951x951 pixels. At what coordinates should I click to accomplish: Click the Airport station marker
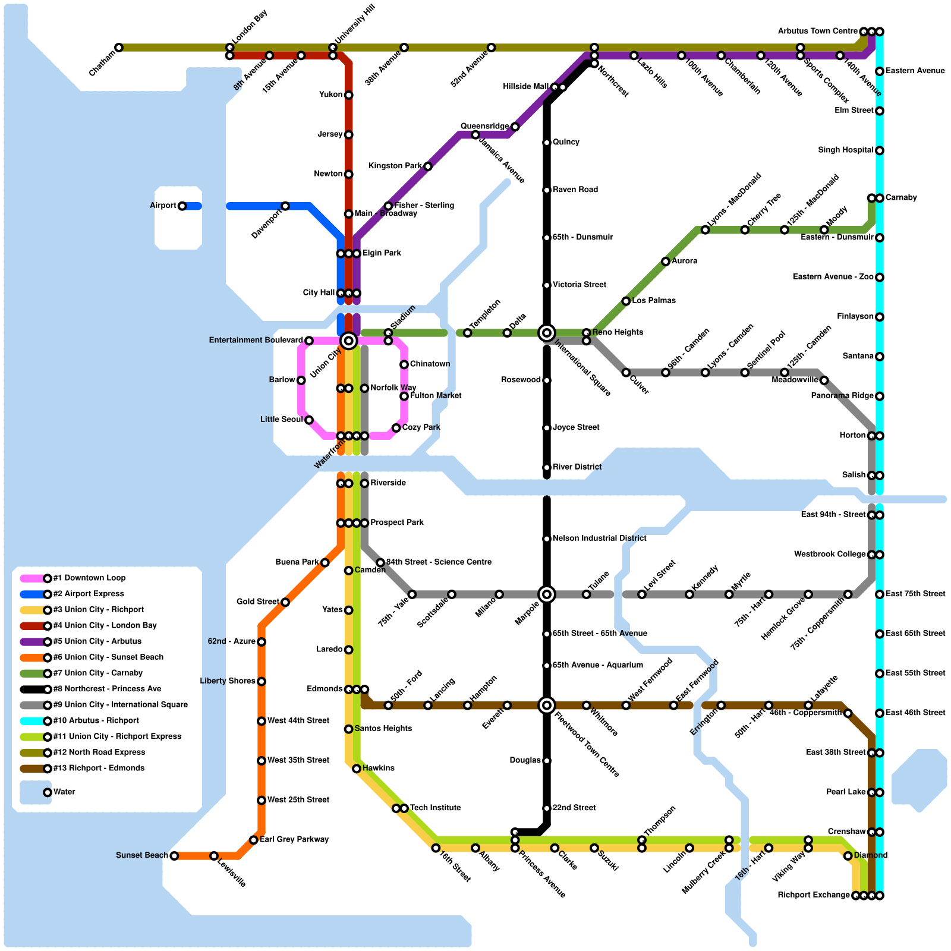(x=182, y=206)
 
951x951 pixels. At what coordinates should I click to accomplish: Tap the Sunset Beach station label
(x=142, y=855)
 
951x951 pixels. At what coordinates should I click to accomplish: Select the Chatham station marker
(x=119, y=48)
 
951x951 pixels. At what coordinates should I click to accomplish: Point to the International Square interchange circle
(x=547, y=333)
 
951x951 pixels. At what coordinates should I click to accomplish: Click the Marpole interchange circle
(x=547, y=594)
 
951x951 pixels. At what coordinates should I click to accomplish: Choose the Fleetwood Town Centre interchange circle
(x=547, y=706)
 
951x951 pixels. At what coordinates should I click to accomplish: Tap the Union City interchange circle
(x=349, y=341)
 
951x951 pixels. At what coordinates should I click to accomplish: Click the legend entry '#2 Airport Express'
(x=89, y=594)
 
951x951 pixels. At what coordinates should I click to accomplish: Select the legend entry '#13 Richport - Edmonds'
(x=99, y=768)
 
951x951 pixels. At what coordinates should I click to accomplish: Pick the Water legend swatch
(x=35, y=792)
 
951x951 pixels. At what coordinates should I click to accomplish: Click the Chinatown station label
(x=430, y=364)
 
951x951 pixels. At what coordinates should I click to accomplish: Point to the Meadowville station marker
(x=824, y=380)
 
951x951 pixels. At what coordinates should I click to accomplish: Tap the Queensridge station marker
(x=515, y=127)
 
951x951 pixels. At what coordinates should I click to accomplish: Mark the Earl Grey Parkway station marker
(x=254, y=840)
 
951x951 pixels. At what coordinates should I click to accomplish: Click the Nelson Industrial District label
(x=599, y=539)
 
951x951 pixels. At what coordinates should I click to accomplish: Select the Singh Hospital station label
(x=845, y=150)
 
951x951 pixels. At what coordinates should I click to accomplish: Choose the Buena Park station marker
(x=325, y=563)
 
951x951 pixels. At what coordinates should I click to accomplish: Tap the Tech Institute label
(x=435, y=808)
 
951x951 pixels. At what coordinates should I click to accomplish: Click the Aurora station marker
(x=666, y=262)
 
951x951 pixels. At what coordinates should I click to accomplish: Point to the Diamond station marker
(x=848, y=856)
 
